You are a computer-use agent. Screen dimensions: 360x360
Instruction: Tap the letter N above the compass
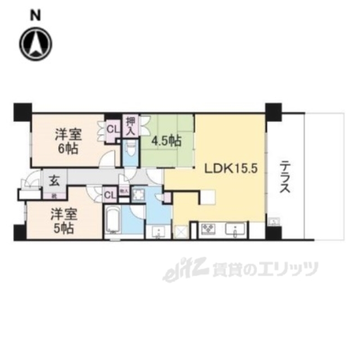point(35,16)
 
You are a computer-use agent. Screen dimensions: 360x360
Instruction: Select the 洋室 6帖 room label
point(67,142)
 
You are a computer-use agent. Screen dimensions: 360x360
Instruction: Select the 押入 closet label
point(130,125)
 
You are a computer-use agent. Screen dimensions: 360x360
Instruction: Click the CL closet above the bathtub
point(109,195)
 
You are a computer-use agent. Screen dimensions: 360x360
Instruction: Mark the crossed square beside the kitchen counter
point(181,232)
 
